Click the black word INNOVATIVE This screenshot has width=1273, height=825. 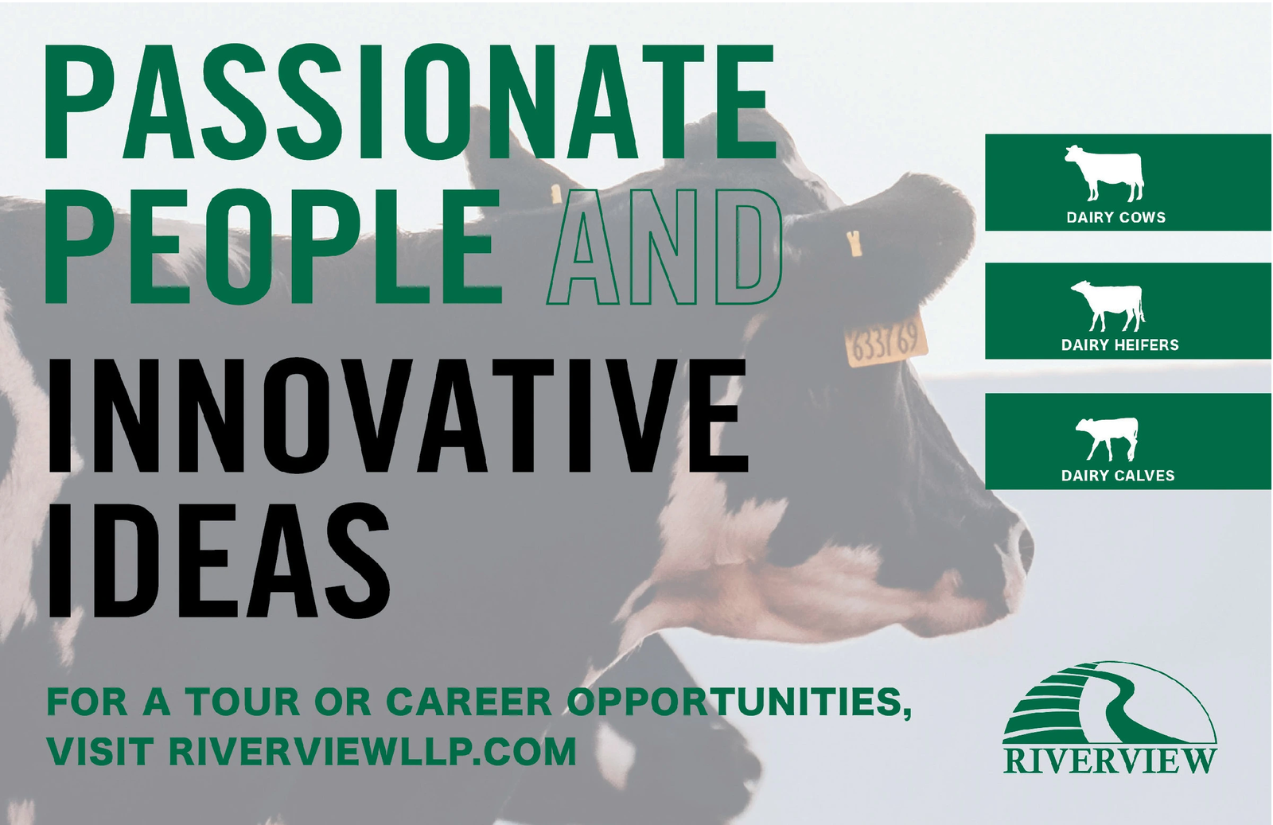pos(398,414)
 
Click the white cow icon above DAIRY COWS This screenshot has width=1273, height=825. pos(1104,173)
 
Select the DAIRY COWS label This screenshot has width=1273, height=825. pos(1116,217)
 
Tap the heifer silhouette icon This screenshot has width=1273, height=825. pos(1108,305)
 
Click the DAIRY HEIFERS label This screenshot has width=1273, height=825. pos(1120,345)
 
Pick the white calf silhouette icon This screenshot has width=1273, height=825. pos(1107,438)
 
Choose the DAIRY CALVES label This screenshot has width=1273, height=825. pos(1118,476)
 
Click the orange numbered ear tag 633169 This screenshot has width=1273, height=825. pos(886,340)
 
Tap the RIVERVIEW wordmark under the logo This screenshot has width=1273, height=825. pos(1109,761)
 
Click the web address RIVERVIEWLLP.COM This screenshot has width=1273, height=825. pos(373,751)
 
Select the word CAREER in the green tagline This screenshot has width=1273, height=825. pos(469,702)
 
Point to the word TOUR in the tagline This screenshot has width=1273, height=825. pos(243,702)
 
